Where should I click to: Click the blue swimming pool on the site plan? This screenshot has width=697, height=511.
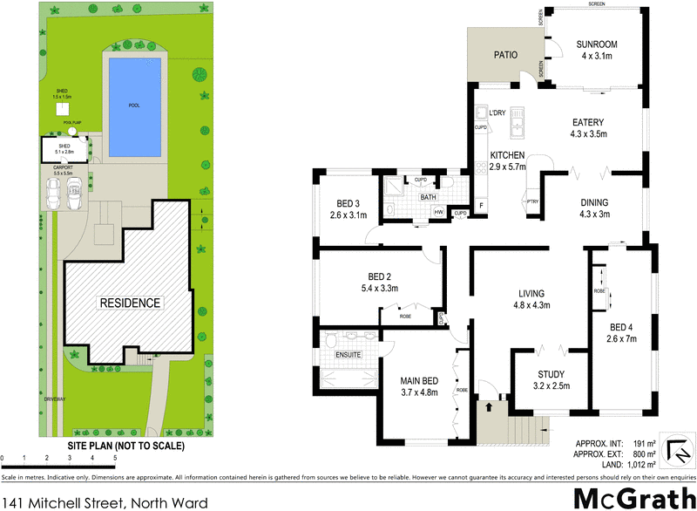click(x=133, y=102)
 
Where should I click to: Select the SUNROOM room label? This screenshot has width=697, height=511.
click(x=597, y=45)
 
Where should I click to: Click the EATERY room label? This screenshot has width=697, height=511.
click(x=588, y=122)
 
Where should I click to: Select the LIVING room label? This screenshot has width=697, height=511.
click(x=530, y=294)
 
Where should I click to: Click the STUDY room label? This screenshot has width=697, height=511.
click(x=545, y=375)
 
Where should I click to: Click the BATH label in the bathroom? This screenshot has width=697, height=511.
click(x=428, y=197)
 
